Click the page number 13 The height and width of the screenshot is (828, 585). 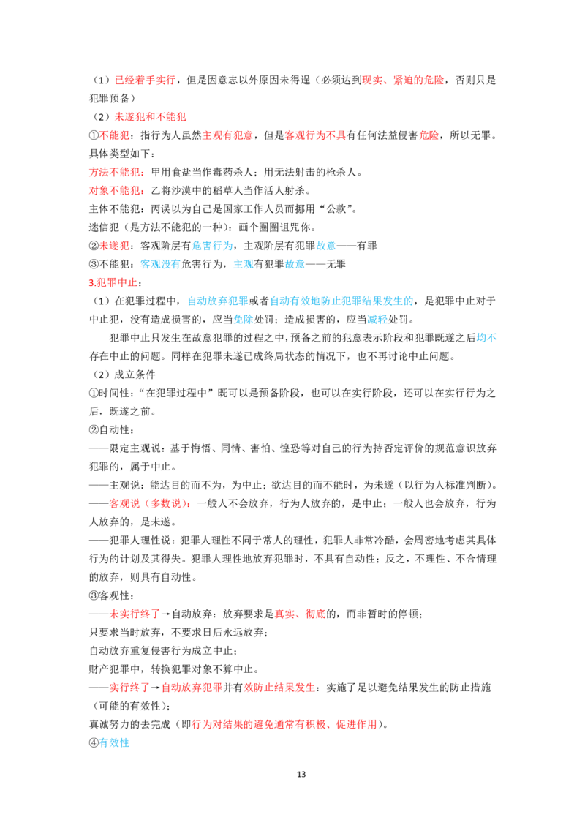point(301,774)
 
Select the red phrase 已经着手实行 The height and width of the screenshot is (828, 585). point(145,80)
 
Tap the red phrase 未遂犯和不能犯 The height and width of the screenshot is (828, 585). point(150,117)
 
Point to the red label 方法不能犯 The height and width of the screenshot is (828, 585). point(114,172)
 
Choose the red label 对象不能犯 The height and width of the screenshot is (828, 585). point(114,191)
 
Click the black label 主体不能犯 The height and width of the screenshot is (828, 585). point(114,209)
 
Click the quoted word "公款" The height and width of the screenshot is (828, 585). point(336,209)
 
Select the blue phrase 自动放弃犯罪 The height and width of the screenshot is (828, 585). point(217,301)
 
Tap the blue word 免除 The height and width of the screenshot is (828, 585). point(244,320)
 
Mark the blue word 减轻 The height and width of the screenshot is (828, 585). point(377,320)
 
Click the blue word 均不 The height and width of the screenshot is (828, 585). point(486,338)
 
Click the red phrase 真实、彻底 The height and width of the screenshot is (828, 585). point(300,614)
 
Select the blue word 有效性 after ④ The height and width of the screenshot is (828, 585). point(114,742)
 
